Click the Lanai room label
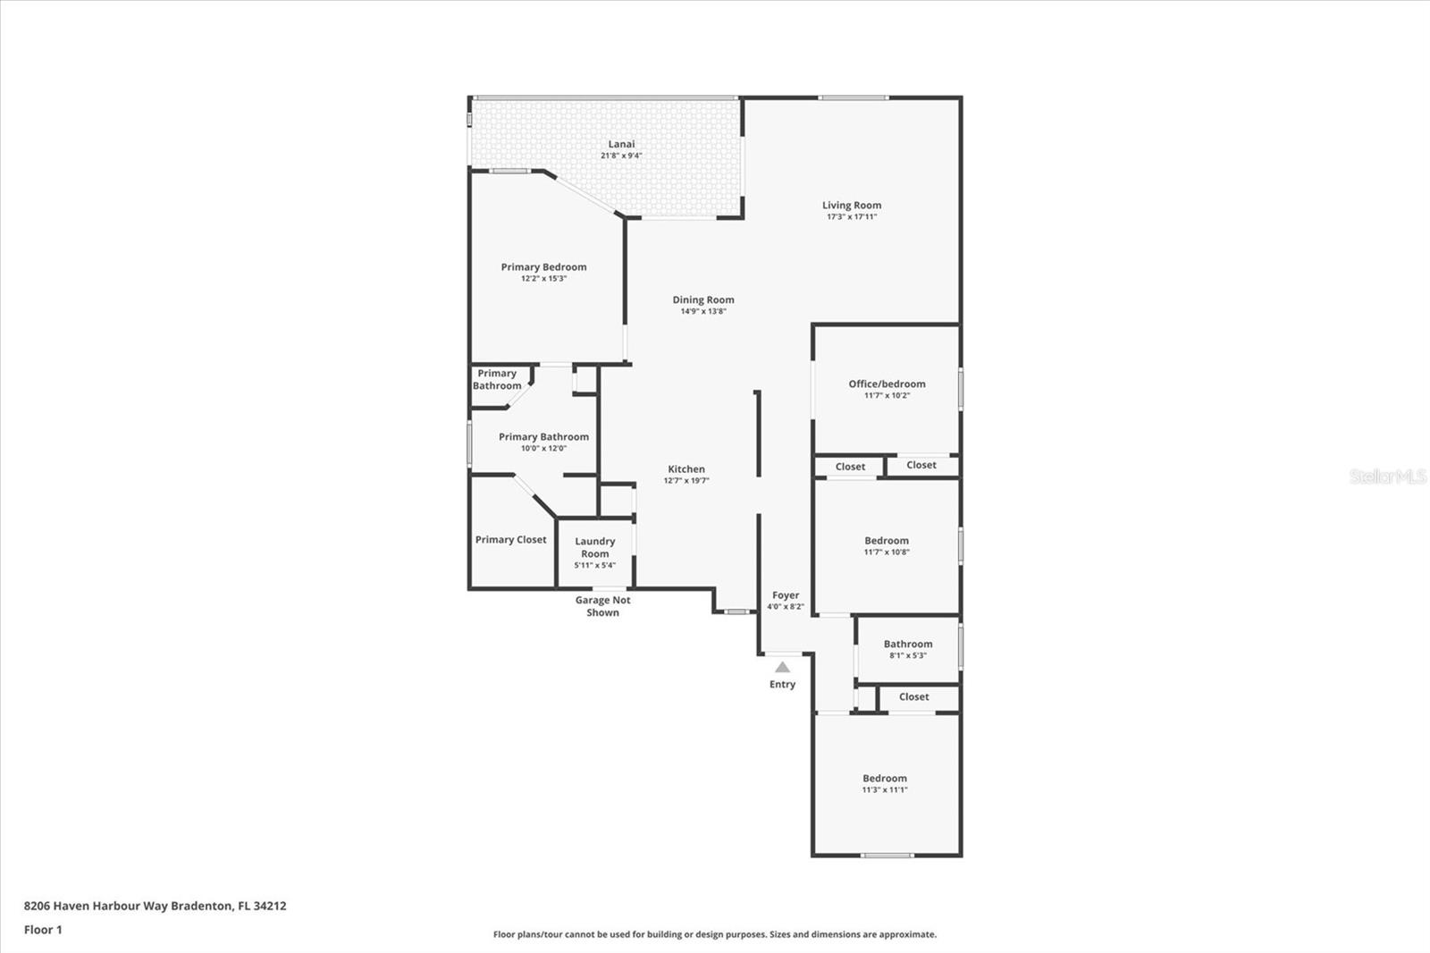click(x=621, y=144)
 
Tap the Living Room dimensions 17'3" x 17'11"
click(x=851, y=217)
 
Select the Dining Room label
click(x=703, y=300)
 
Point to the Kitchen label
click(x=686, y=469)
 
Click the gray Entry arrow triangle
click(x=782, y=667)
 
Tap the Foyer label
click(x=786, y=595)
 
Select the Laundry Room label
click(x=595, y=547)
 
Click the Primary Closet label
click(x=510, y=540)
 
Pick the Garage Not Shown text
click(x=602, y=606)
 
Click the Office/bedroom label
click(x=887, y=384)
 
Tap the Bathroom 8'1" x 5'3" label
click(x=908, y=645)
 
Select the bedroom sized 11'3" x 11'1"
click(x=885, y=779)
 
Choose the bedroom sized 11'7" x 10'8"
click(x=887, y=541)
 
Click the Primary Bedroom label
click(x=543, y=267)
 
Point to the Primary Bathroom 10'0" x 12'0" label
click(x=543, y=437)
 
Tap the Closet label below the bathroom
click(x=913, y=697)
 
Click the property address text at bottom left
click(x=155, y=906)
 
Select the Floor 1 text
click(x=43, y=930)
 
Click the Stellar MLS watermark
click(x=1387, y=476)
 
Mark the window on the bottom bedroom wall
click(x=887, y=856)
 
